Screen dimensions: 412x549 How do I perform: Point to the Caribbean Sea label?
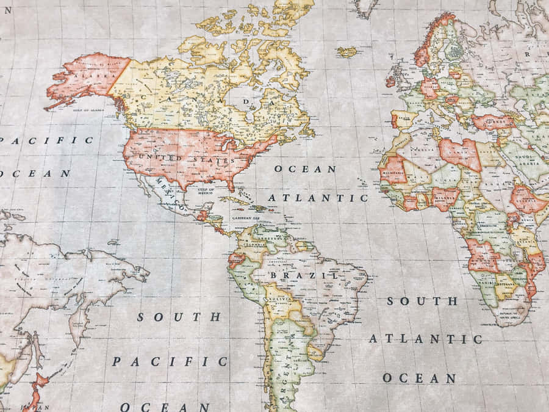click(x=246, y=217)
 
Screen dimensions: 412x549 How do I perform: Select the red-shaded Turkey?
click(x=492, y=121)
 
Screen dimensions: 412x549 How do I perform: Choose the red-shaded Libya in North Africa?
click(x=461, y=153)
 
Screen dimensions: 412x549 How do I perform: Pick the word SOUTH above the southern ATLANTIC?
click(x=422, y=301)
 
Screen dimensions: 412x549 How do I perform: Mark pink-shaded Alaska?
click(x=85, y=76)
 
